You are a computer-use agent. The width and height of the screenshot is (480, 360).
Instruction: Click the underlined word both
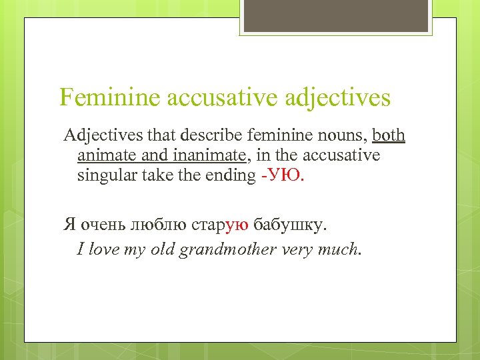tap(389, 136)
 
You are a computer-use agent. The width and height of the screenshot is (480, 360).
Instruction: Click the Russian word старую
tap(221, 225)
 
